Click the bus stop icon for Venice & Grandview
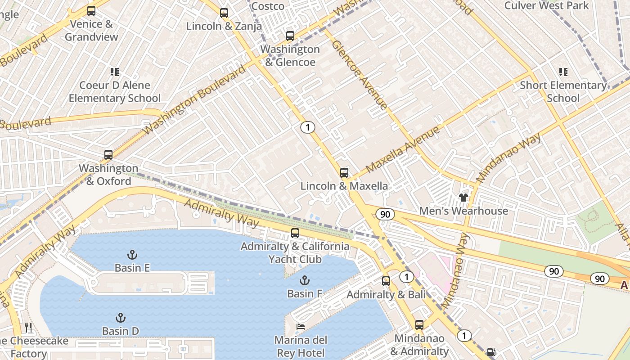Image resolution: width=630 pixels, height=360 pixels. click(x=91, y=11)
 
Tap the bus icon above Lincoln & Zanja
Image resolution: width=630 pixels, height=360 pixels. click(x=224, y=13)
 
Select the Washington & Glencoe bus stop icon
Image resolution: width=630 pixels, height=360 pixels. click(x=290, y=36)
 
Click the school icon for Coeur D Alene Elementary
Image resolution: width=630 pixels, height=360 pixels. click(x=115, y=72)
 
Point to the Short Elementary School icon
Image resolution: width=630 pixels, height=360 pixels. click(x=563, y=72)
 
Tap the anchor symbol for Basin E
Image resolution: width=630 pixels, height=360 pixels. click(x=132, y=255)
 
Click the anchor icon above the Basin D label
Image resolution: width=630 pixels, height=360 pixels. click(x=120, y=318)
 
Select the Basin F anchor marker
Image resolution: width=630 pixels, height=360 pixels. click(x=305, y=281)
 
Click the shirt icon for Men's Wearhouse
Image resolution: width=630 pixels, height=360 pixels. click(x=463, y=197)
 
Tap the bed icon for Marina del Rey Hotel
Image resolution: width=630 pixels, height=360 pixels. click(x=301, y=326)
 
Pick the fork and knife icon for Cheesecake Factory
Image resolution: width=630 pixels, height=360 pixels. click(x=28, y=327)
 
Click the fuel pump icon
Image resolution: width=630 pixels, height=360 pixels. click(x=491, y=352)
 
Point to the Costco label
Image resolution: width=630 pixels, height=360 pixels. click(x=268, y=6)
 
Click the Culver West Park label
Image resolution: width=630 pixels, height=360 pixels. click(x=546, y=6)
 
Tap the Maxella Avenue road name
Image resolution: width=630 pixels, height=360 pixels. click(x=402, y=150)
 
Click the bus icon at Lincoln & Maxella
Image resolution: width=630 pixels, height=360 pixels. click(x=344, y=173)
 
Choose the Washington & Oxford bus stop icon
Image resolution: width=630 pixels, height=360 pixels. click(x=108, y=155)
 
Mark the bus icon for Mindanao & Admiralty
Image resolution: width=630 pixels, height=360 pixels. click(x=419, y=325)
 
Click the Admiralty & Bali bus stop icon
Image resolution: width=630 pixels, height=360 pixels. click(x=386, y=282)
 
